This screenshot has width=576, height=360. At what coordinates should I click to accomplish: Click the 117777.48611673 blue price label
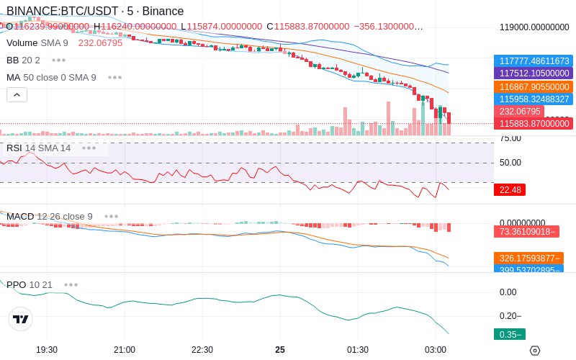click(x=534, y=61)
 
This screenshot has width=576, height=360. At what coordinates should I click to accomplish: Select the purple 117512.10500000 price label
click(x=534, y=73)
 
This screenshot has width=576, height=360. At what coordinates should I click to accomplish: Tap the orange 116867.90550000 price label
click(x=534, y=86)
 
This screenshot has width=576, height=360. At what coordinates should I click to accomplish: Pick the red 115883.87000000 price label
click(x=534, y=124)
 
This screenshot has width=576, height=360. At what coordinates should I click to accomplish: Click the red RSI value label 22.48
click(x=509, y=190)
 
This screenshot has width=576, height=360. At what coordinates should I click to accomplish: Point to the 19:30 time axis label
click(x=47, y=350)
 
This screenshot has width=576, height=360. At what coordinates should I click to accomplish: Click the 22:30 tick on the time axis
click(x=202, y=350)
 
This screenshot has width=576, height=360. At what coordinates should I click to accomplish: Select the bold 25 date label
click(x=280, y=350)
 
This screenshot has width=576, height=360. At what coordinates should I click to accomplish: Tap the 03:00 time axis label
click(x=436, y=350)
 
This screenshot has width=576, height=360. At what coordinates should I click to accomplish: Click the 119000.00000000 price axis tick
click(x=534, y=27)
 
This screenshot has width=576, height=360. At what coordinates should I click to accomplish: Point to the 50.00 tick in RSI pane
click(x=510, y=163)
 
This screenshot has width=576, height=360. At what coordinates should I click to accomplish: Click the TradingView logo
click(x=21, y=319)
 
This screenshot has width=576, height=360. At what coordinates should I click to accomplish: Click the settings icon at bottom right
click(x=534, y=351)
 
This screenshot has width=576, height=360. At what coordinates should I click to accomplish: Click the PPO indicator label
click(x=17, y=284)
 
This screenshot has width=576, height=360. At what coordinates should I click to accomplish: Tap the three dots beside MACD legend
click(x=111, y=216)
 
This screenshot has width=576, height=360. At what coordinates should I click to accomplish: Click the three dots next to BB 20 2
click(x=58, y=60)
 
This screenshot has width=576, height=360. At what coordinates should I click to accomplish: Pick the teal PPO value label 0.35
click(x=509, y=334)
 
